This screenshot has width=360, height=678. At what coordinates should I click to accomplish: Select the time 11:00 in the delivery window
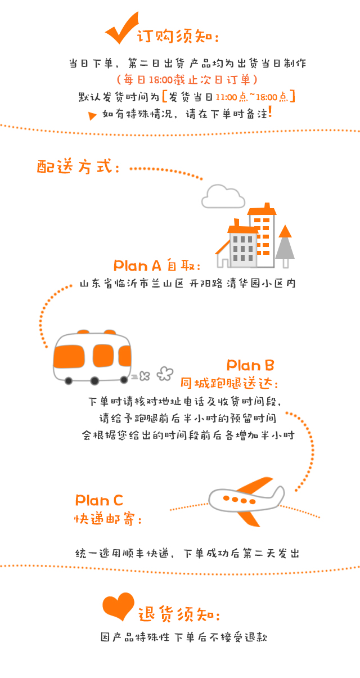point(226,97)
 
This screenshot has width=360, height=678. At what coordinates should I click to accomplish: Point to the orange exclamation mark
point(270,111)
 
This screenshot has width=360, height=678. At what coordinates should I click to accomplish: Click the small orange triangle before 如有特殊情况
point(92,116)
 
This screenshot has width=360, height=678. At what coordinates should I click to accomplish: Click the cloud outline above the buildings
point(223,196)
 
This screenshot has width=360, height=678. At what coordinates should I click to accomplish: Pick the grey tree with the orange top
point(285,246)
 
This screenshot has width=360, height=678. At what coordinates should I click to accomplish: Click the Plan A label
point(137,266)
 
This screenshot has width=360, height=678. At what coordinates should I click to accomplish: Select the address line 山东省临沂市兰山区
point(132,284)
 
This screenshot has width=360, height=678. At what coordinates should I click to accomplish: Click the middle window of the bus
point(103,356)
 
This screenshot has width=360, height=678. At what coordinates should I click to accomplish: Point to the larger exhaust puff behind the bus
point(165,374)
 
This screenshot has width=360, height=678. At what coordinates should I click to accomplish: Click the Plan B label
point(250,365)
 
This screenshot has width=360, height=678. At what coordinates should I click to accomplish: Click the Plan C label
point(99,500)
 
